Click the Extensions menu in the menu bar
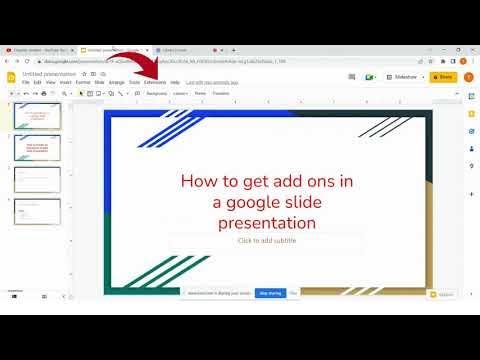pyautogui.click(x=155, y=82)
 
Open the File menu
pyautogui.click(x=26, y=82)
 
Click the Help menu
pyautogui.click(x=175, y=82)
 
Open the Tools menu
pyautogui.click(x=134, y=82)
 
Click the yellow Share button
pyautogui.click(x=443, y=77)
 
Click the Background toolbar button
pyautogui.click(x=157, y=93)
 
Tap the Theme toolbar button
pyautogui.click(x=200, y=93)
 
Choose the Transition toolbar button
pyautogui.click(x=220, y=93)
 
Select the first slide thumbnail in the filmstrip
pyautogui.click(x=36, y=116)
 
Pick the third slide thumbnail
pyautogui.click(x=36, y=179)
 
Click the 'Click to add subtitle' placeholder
pyautogui.click(x=266, y=241)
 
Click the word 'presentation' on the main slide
pyautogui.click(x=266, y=223)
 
